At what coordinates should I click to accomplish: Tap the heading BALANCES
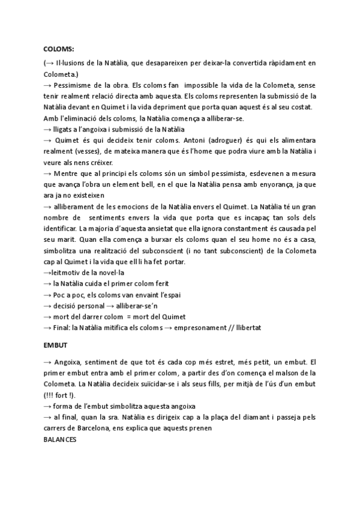(60, 439)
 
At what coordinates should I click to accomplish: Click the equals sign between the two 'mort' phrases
(137, 316)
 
